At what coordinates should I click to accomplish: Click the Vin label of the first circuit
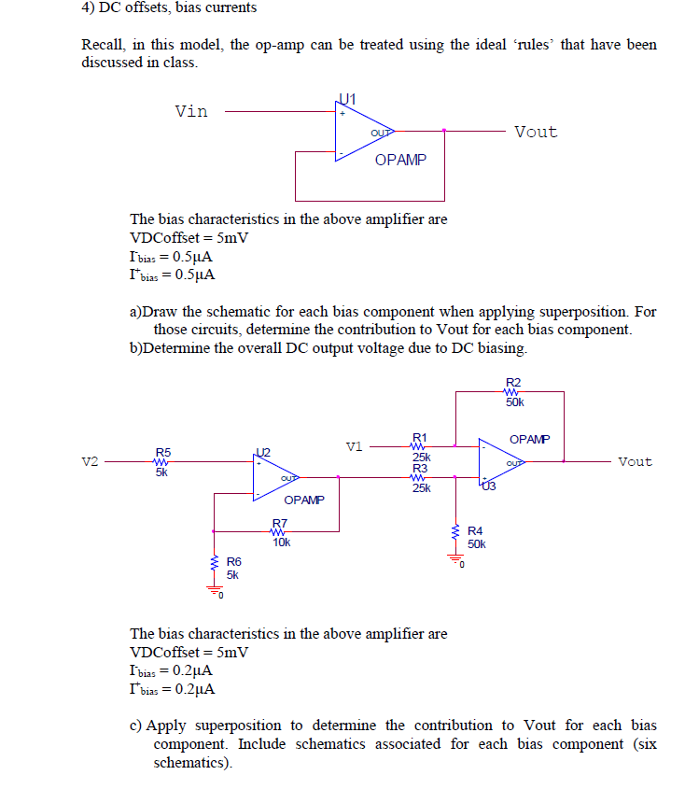click(191, 111)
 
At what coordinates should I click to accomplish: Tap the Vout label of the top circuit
click(535, 132)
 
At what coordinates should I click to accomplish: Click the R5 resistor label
click(162, 452)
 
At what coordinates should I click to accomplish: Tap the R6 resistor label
click(233, 561)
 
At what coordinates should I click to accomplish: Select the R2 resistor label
click(512, 382)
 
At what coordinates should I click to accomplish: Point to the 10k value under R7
click(280, 542)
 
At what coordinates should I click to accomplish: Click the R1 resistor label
click(420, 437)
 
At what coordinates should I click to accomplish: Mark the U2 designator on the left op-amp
click(261, 453)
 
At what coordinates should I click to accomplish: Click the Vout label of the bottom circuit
click(635, 462)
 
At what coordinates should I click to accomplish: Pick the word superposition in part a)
click(571, 311)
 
